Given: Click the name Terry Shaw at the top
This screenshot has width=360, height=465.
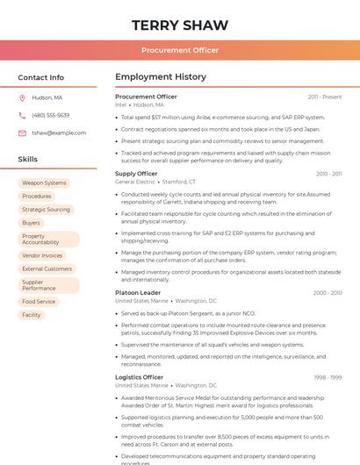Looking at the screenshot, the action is click(179, 25).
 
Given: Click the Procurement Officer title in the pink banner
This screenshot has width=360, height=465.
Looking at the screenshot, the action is click(180, 51).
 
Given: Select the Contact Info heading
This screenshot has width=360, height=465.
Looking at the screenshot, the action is click(41, 77).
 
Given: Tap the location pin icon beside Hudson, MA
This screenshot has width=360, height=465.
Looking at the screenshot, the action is click(22, 97).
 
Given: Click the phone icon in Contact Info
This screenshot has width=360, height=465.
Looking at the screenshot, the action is click(22, 115).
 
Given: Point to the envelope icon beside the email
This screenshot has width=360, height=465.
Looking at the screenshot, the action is click(22, 132).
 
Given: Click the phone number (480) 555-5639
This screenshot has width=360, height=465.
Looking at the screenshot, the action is click(50, 115).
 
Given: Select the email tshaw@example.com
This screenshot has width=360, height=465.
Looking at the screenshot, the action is click(54, 132).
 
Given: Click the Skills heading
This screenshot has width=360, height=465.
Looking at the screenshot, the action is click(28, 160).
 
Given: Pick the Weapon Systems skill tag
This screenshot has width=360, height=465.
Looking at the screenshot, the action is click(44, 183).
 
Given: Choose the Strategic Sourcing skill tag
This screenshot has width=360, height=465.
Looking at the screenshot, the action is click(46, 210).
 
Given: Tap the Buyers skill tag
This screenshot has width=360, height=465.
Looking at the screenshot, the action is click(32, 223).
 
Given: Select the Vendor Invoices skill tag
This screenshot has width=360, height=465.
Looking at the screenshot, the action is click(42, 255).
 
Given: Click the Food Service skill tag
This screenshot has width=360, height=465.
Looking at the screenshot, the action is click(39, 302).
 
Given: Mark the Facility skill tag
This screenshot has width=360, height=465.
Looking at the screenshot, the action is click(32, 315).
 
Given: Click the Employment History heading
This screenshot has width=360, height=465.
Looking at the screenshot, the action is click(161, 77).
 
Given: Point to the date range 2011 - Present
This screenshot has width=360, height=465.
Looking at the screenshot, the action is click(325, 97).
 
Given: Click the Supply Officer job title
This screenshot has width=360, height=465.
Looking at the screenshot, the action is click(136, 174).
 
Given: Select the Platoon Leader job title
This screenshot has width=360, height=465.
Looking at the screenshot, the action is click(138, 292).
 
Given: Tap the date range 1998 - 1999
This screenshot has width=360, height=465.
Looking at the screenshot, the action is click(328, 377).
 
